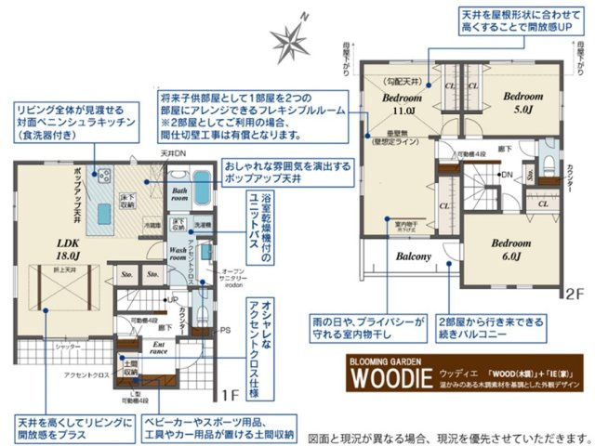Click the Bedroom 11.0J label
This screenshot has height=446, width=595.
pos(402,103)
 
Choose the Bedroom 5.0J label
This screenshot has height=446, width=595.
pos(522,102)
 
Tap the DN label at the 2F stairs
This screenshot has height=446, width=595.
pos(506,175)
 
